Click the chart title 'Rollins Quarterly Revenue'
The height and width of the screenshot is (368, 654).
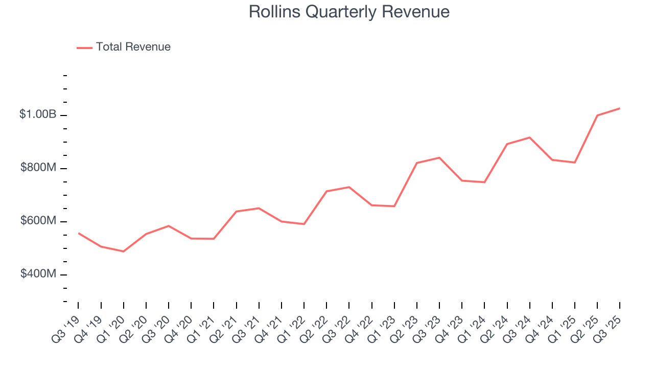pos(349,12)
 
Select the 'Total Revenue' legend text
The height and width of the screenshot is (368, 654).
pos(133,47)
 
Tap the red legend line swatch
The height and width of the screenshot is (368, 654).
pos(84,48)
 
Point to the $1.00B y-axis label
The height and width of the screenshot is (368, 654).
pos(38,114)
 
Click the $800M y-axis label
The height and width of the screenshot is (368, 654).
pos(38,168)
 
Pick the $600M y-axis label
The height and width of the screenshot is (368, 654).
pos(38,221)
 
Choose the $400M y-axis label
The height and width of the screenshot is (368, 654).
pos(38,274)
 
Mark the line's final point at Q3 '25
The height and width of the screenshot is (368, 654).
pos(620,108)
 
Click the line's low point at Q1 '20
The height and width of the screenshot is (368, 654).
pos(124,251)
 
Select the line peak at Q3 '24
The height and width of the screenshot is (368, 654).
pos(530,137)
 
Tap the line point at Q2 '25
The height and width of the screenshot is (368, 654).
pos(597,116)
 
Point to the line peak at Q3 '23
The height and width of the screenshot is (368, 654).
pos(439,157)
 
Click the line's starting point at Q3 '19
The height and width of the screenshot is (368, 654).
pos(78,233)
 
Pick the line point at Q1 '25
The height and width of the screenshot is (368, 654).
pos(575,163)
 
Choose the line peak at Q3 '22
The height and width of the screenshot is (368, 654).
pos(349,187)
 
